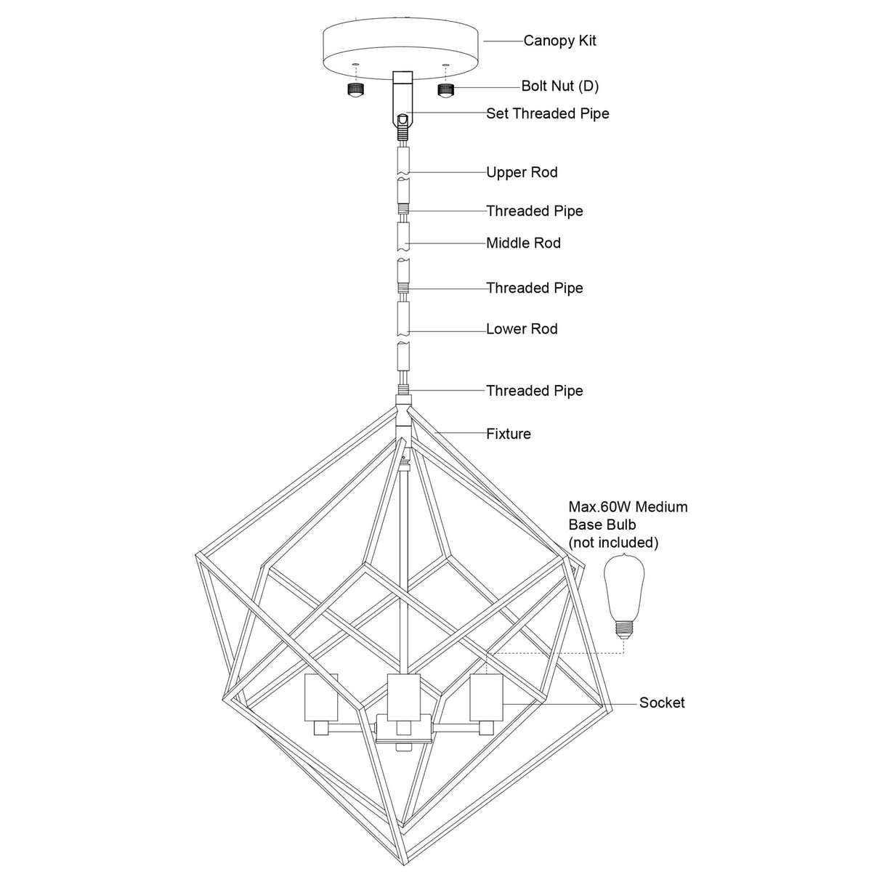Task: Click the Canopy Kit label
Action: [x=559, y=41]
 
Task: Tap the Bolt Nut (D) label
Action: [x=559, y=86]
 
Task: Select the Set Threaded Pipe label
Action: [x=547, y=113]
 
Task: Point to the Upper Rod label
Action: [x=522, y=172]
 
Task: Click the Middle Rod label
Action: [x=523, y=243]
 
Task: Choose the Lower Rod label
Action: [x=522, y=328]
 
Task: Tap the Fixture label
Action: [x=509, y=434]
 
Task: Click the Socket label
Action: [x=662, y=703]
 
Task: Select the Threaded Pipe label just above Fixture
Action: [x=535, y=391]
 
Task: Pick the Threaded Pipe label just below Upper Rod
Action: [x=535, y=211]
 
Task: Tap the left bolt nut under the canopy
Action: [x=355, y=90]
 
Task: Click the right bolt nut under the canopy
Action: [x=445, y=90]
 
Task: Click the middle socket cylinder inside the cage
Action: [x=404, y=696]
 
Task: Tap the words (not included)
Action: [x=613, y=542]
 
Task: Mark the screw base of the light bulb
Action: [x=621, y=628]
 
